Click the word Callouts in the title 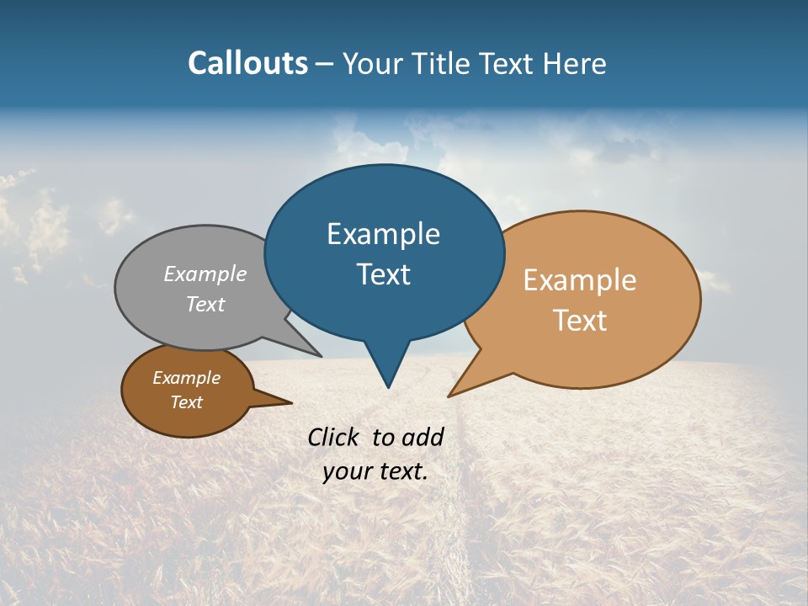247,63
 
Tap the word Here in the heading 575,63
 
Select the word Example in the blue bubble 383,234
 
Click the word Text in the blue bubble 383,274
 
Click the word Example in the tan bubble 580,280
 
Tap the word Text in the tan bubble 580,321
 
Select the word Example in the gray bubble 205,274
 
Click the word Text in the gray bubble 205,304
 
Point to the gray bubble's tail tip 320,355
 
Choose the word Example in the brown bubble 186,378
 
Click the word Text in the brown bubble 186,402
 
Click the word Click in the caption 334,437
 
